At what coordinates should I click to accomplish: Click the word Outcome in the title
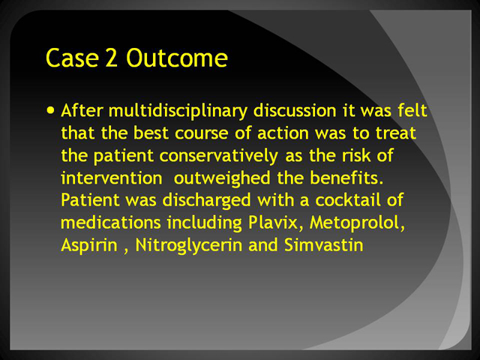[177, 58]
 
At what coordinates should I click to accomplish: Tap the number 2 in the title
[112, 58]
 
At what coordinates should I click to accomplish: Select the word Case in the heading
[72, 58]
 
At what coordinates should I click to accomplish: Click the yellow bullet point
[51, 109]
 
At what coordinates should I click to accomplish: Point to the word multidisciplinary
[178, 112]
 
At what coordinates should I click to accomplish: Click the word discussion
[295, 110]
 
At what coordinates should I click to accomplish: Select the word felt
[412, 110]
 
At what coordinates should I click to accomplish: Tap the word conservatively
[218, 156]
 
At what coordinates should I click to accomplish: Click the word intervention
[112, 178]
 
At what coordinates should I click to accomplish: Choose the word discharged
[207, 201]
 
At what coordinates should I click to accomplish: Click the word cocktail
[347, 200]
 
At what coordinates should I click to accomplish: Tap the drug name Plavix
[273, 223]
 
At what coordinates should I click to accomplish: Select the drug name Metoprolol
[357, 223]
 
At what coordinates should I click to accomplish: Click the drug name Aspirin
[89, 245]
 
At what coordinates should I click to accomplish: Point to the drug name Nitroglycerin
[188, 246]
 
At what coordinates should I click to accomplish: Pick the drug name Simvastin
[323, 245]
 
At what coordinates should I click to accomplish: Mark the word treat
[396, 133]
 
